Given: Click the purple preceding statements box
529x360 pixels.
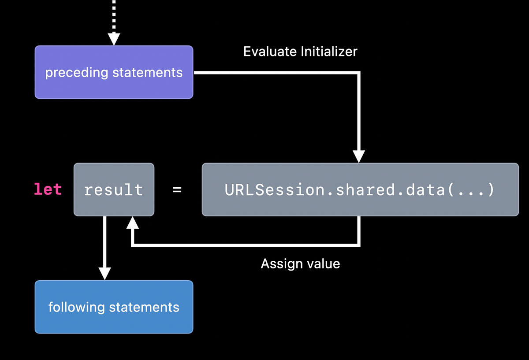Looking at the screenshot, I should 114,72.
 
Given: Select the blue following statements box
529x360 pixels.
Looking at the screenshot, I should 114,307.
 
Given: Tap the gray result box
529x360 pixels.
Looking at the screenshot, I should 114,189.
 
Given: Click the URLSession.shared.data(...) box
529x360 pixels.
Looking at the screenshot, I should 360,189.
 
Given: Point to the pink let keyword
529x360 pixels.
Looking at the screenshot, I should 48,189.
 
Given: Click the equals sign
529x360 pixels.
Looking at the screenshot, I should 177,190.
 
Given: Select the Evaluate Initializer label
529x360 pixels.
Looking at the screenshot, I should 300,52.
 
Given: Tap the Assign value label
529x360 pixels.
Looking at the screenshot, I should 300,264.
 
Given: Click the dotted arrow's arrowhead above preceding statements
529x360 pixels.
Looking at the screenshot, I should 114,39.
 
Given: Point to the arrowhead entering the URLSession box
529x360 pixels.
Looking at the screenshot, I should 359,156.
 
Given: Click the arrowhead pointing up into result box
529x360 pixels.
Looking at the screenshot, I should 132,223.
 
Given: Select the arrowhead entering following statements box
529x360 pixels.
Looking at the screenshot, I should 104,273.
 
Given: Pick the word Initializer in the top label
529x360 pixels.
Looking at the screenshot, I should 329,52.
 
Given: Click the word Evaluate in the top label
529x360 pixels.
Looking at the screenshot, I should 270,52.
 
